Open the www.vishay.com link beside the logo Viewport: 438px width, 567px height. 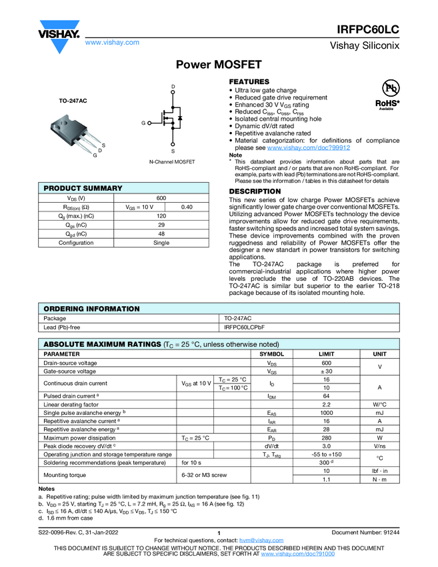pyautogui.click(x=112, y=42)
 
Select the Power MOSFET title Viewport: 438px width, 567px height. pyautogui.click(x=219, y=65)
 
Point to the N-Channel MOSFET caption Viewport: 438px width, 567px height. pyautogui.click(x=172, y=162)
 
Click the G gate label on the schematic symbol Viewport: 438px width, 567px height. pyautogui.click(x=143, y=123)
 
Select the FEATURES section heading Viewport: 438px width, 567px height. pyautogui.click(x=249, y=81)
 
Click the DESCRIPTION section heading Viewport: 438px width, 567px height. pyautogui.click(x=255, y=191)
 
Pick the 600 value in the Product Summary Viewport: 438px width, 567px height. pyautogui.click(x=161, y=198)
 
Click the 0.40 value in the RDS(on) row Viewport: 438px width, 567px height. pyautogui.click(x=187, y=207)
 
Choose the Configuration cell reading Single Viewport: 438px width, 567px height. pyautogui.click(x=161, y=243)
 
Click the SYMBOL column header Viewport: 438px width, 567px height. pyautogui.click(x=271, y=354)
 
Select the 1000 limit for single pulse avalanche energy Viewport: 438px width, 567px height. pyautogui.click(x=327, y=413)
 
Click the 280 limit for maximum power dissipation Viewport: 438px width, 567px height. pyautogui.click(x=327, y=438)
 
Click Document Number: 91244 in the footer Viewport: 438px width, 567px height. pyautogui.click(x=365, y=532)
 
